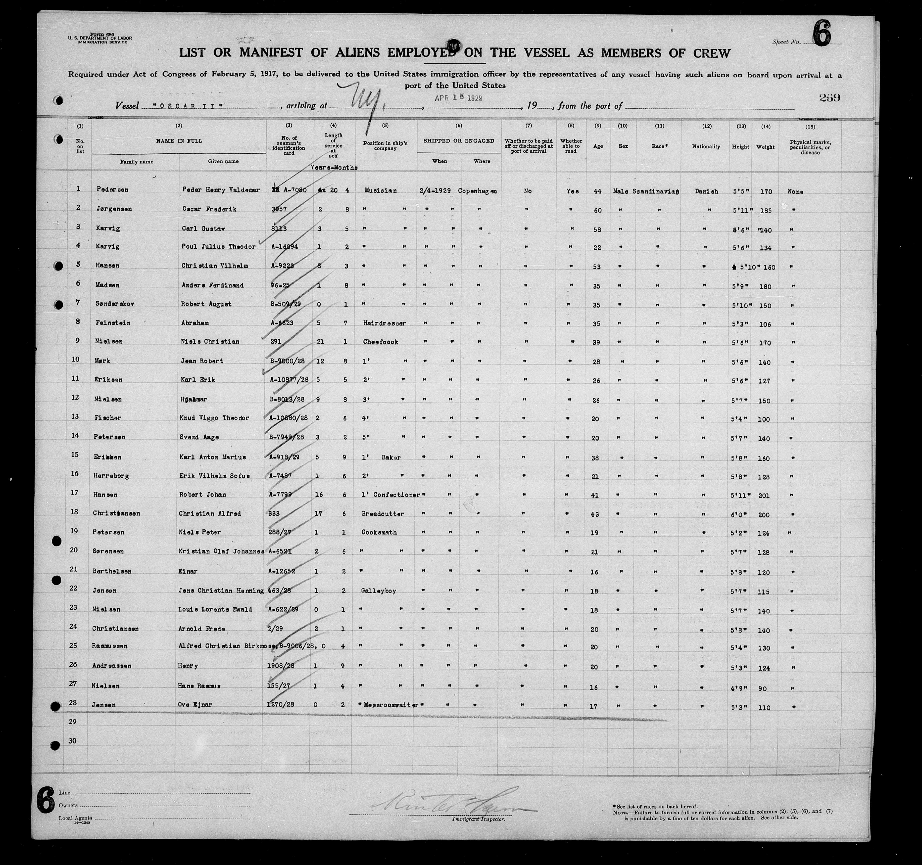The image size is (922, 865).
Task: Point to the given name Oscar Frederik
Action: point(209,209)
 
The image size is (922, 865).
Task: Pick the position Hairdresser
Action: point(385,323)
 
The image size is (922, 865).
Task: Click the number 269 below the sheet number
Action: point(829,98)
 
